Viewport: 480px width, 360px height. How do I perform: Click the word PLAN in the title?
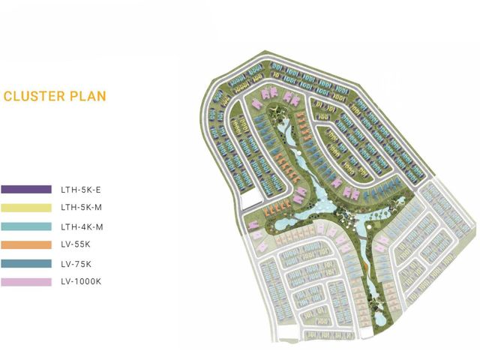[88, 96]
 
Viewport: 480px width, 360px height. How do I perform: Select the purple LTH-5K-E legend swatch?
[26, 189]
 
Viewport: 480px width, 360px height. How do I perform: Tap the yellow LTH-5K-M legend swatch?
[26, 208]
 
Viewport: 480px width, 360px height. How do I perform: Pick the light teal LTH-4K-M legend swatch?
[26, 226]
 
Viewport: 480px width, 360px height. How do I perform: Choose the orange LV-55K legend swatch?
[26, 245]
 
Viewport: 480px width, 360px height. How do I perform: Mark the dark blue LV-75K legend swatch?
[26, 263]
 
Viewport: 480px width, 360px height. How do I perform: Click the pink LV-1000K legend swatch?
[26, 282]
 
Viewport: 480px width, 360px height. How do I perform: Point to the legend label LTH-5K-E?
[81, 190]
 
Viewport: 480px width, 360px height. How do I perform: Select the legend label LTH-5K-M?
[82, 208]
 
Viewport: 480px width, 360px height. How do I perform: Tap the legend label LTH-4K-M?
[82, 227]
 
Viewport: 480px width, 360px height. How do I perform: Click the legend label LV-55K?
[76, 244]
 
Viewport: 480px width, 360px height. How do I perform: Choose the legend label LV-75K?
[76, 264]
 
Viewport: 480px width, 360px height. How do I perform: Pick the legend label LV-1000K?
[81, 282]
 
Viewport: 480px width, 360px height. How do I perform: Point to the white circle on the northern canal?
[298, 153]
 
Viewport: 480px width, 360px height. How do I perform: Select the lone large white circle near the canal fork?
[370, 226]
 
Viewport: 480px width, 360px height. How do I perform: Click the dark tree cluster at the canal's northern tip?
[276, 112]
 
